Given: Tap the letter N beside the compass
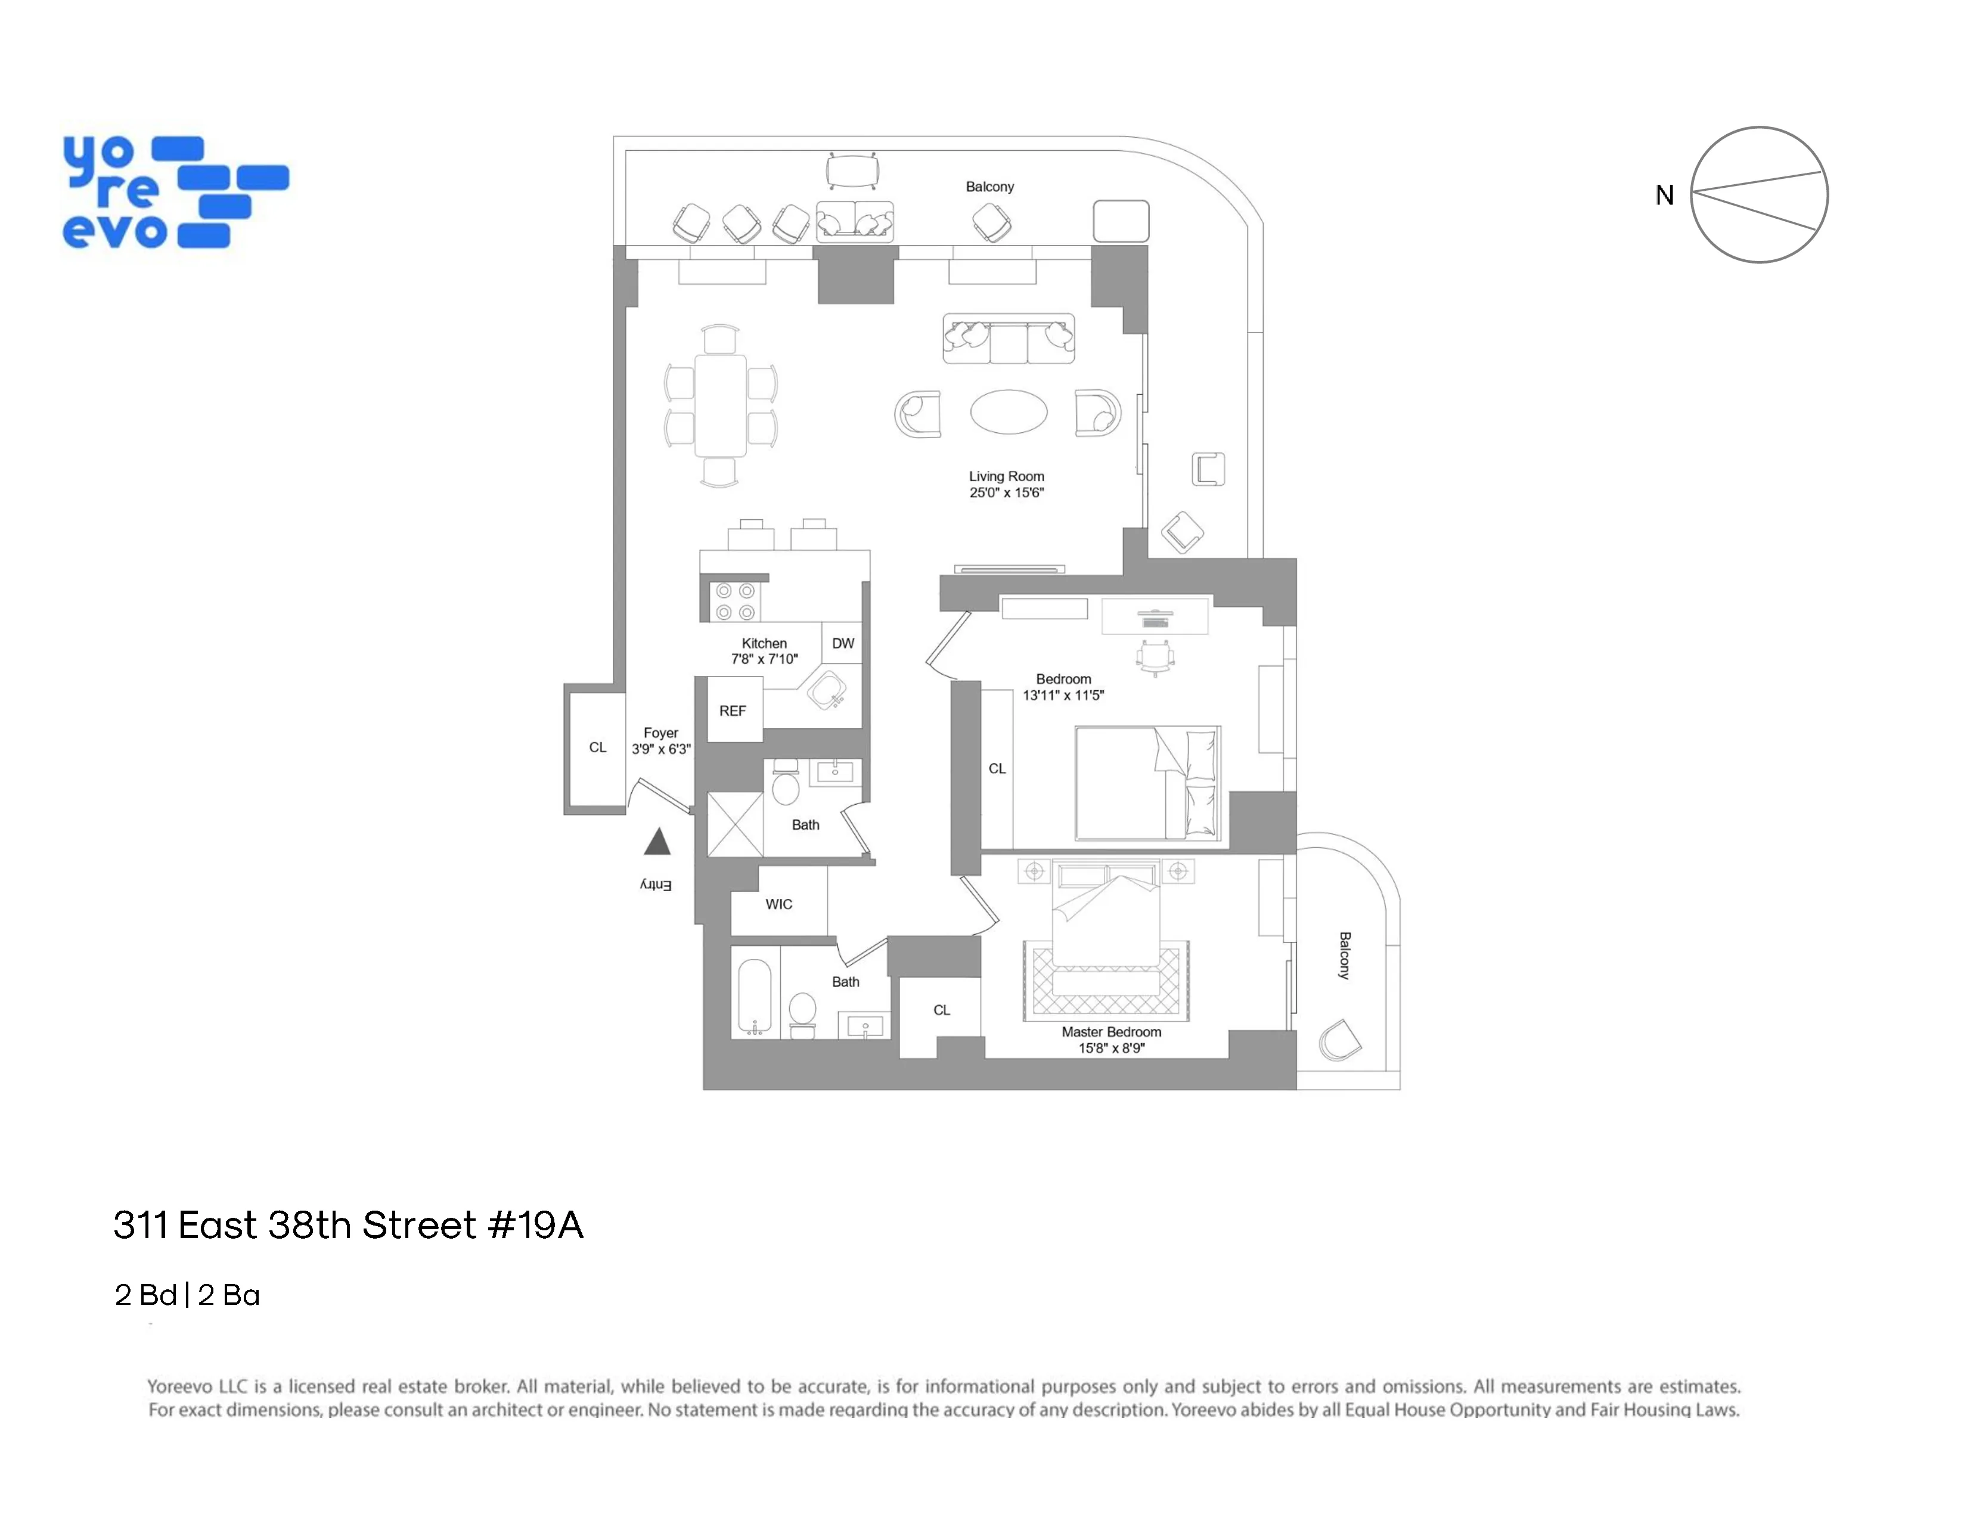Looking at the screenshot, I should coord(1664,196).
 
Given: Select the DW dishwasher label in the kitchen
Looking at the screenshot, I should coord(843,643).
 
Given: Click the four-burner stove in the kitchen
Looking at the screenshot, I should coord(735,601).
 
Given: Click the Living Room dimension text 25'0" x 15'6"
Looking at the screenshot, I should coord(1006,492).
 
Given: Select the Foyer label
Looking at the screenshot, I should coord(660,733).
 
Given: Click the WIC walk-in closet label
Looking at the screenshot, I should coord(779,904).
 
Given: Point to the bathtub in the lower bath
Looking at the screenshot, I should coord(754,996).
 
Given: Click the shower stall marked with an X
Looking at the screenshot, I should coord(735,824).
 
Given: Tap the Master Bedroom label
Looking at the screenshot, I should coord(1112,1032).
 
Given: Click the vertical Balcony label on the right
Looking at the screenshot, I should coord(1345,956).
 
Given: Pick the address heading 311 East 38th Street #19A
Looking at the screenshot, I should coord(349,1225).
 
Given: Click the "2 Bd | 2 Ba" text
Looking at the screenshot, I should coord(187,1295).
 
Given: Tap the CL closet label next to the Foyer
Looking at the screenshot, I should coord(597,747).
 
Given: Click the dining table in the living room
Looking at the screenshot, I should coord(721,405).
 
